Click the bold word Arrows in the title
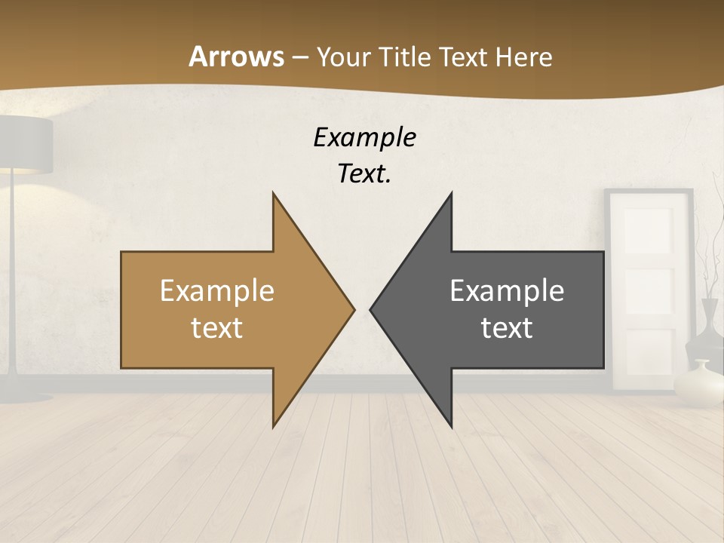coord(237,57)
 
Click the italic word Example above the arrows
coord(364,138)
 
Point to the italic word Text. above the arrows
coord(364,174)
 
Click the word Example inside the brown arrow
coord(217,290)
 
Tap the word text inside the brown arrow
coord(217,327)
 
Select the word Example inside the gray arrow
coord(507,290)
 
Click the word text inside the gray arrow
coord(507,327)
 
